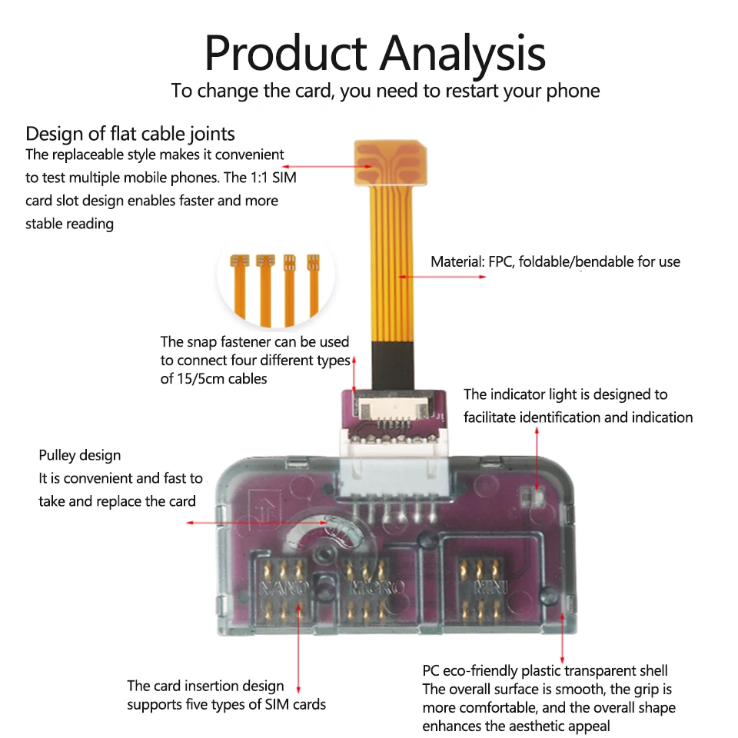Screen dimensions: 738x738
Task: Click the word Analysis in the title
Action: (464, 54)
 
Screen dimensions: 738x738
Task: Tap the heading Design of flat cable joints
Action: (130, 134)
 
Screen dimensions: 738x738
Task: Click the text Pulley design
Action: (80, 456)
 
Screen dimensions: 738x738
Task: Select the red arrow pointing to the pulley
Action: (261, 523)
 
